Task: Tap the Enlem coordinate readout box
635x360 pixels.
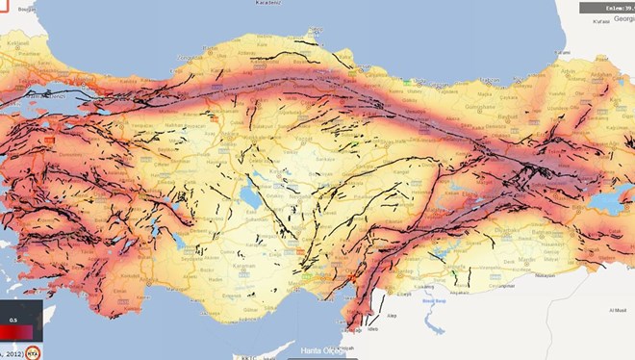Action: [605, 8]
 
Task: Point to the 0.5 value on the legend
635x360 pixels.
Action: [13, 320]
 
